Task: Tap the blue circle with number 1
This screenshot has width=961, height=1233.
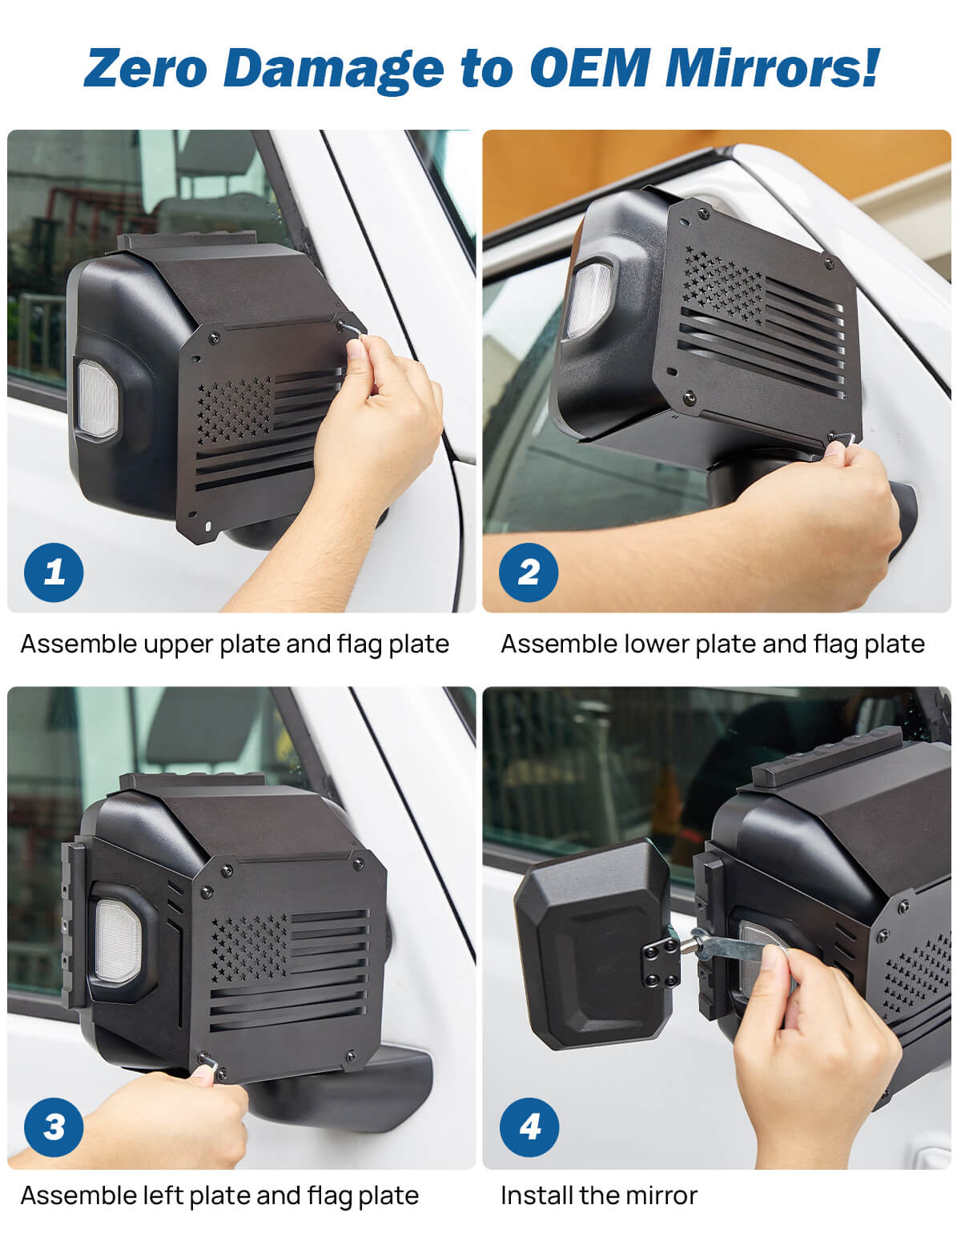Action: [54, 572]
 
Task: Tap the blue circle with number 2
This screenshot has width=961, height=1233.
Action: [529, 572]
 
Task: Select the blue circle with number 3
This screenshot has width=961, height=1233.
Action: [54, 1127]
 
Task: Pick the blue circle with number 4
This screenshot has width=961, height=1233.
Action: [529, 1127]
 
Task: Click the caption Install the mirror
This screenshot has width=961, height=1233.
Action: [598, 1196]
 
